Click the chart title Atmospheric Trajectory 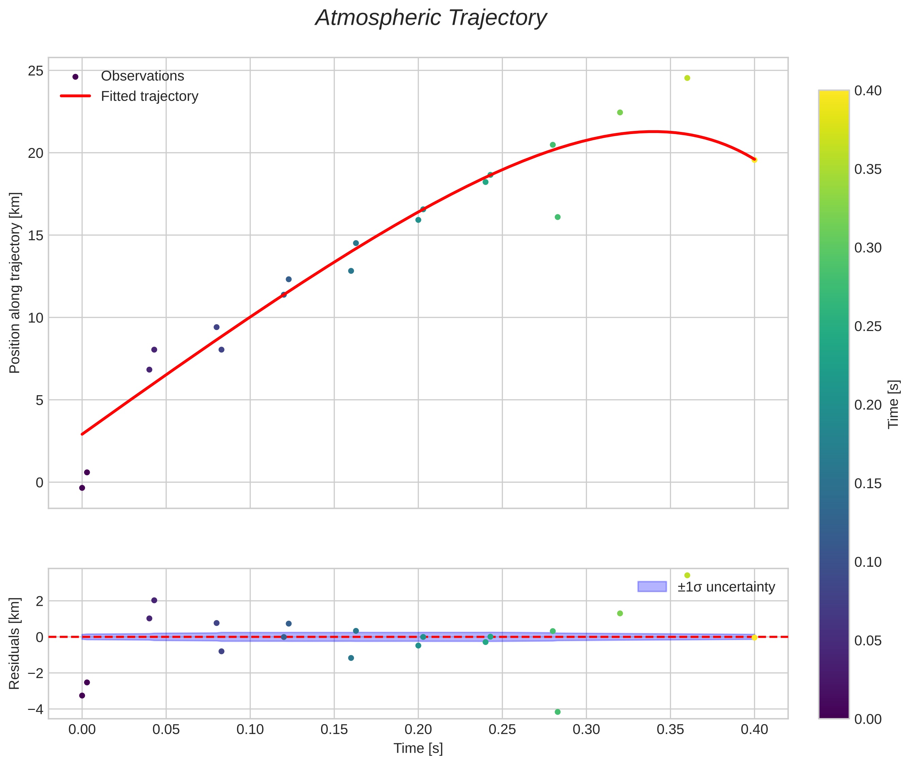431,18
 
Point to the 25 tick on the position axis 36,71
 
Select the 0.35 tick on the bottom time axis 670,730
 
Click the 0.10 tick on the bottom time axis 250,730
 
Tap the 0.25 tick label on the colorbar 868,327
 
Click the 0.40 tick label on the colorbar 868,90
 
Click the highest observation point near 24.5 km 687,78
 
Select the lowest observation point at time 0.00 82,488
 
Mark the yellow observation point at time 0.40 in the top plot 754,160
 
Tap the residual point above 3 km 687,575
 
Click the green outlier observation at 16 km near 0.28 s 557,217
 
